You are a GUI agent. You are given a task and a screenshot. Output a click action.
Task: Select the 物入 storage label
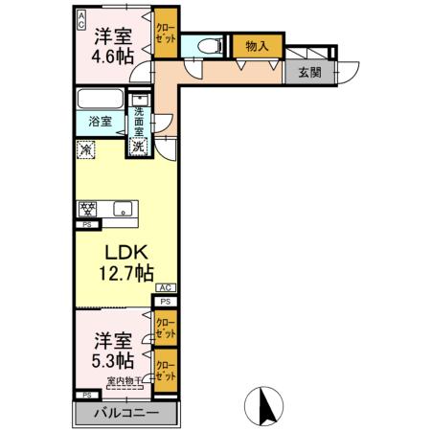point(256,45)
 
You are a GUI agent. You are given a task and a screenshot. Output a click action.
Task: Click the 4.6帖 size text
point(112,55)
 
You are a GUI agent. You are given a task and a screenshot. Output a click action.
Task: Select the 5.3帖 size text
point(112,360)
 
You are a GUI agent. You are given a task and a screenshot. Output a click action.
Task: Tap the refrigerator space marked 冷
point(87,149)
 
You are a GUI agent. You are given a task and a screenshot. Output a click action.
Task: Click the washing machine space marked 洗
point(139,147)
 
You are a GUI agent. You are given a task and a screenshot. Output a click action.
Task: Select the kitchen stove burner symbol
point(87,209)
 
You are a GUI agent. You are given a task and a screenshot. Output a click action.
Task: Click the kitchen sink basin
point(123,208)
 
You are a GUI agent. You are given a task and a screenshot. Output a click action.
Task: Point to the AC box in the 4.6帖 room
point(81,18)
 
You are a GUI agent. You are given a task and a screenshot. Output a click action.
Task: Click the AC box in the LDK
point(164,287)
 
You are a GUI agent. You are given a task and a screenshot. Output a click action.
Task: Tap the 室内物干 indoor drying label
point(124,382)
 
